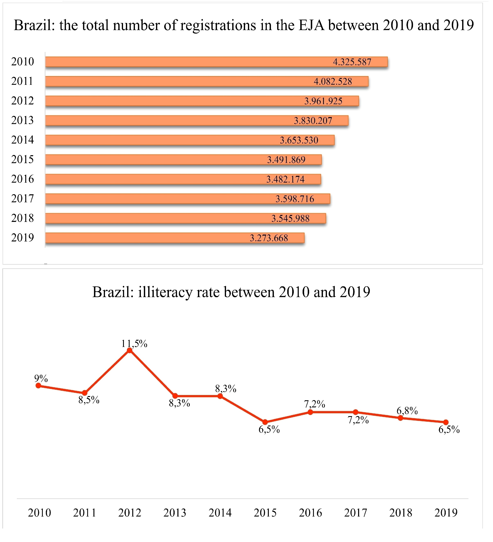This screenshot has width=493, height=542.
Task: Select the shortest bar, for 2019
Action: point(175,238)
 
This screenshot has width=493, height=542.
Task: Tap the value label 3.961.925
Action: point(323,101)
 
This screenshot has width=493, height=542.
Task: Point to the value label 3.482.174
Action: point(285,179)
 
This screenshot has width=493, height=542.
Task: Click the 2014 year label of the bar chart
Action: point(23,140)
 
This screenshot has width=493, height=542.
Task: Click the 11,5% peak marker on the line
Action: point(129,350)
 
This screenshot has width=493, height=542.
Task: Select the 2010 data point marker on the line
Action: point(38,386)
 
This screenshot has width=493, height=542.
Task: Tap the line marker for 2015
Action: point(265,422)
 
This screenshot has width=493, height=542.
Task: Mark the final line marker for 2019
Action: point(446,422)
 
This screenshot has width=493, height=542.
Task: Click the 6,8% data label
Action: point(407,411)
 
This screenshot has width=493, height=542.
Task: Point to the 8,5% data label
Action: point(89,400)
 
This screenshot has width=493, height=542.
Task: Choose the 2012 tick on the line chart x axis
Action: point(130,513)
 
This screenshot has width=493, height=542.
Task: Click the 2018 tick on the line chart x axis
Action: point(401,513)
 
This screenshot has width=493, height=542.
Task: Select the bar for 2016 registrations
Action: point(183,179)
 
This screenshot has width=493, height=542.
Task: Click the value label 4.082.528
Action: point(333,81)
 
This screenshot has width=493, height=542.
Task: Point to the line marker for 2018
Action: point(400,418)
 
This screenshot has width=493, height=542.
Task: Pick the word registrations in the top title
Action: point(218,26)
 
